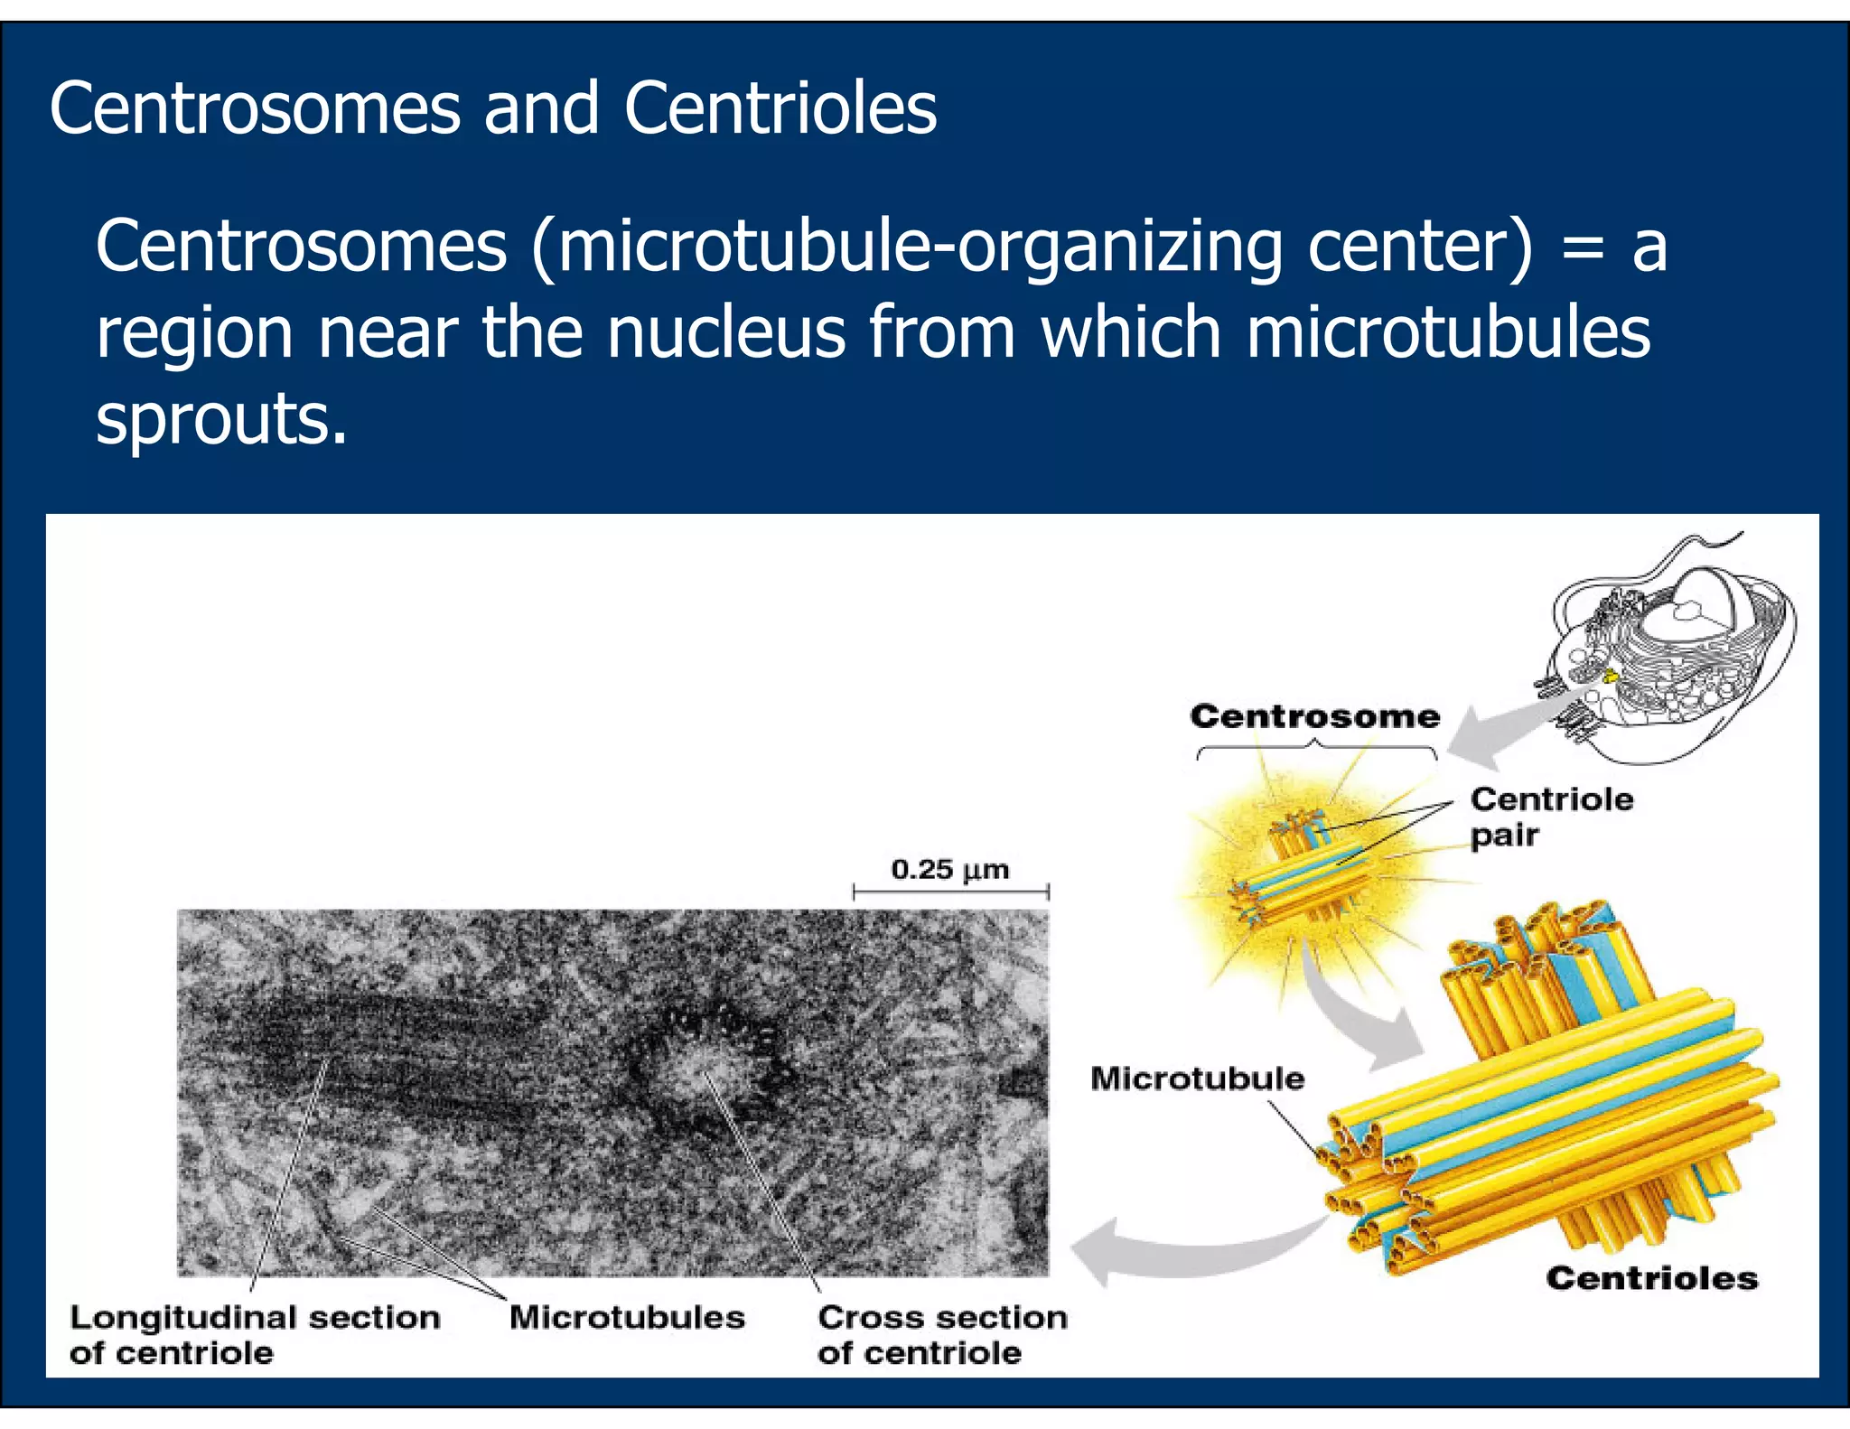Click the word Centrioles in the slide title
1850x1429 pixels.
pyautogui.click(x=780, y=108)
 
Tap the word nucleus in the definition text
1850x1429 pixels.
pyautogui.click(x=726, y=332)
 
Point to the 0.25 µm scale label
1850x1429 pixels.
pyautogui.click(x=949, y=870)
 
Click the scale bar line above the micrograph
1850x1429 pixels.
pyautogui.click(x=950, y=892)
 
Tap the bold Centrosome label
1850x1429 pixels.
pyautogui.click(x=1314, y=716)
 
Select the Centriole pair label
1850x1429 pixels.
pyautogui.click(x=1550, y=817)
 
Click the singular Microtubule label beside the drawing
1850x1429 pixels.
pyautogui.click(x=1197, y=1079)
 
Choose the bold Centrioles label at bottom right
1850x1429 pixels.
pyautogui.click(x=1651, y=1278)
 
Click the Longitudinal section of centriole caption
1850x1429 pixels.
pyautogui.click(x=254, y=1334)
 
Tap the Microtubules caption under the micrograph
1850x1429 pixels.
pyautogui.click(x=627, y=1317)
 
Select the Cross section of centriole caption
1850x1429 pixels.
pyautogui.click(x=941, y=1334)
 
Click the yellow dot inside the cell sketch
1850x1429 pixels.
pyautogui.click(x=1609, y=675)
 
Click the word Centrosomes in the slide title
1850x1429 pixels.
pyautogui.click(x=256, y=108)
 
